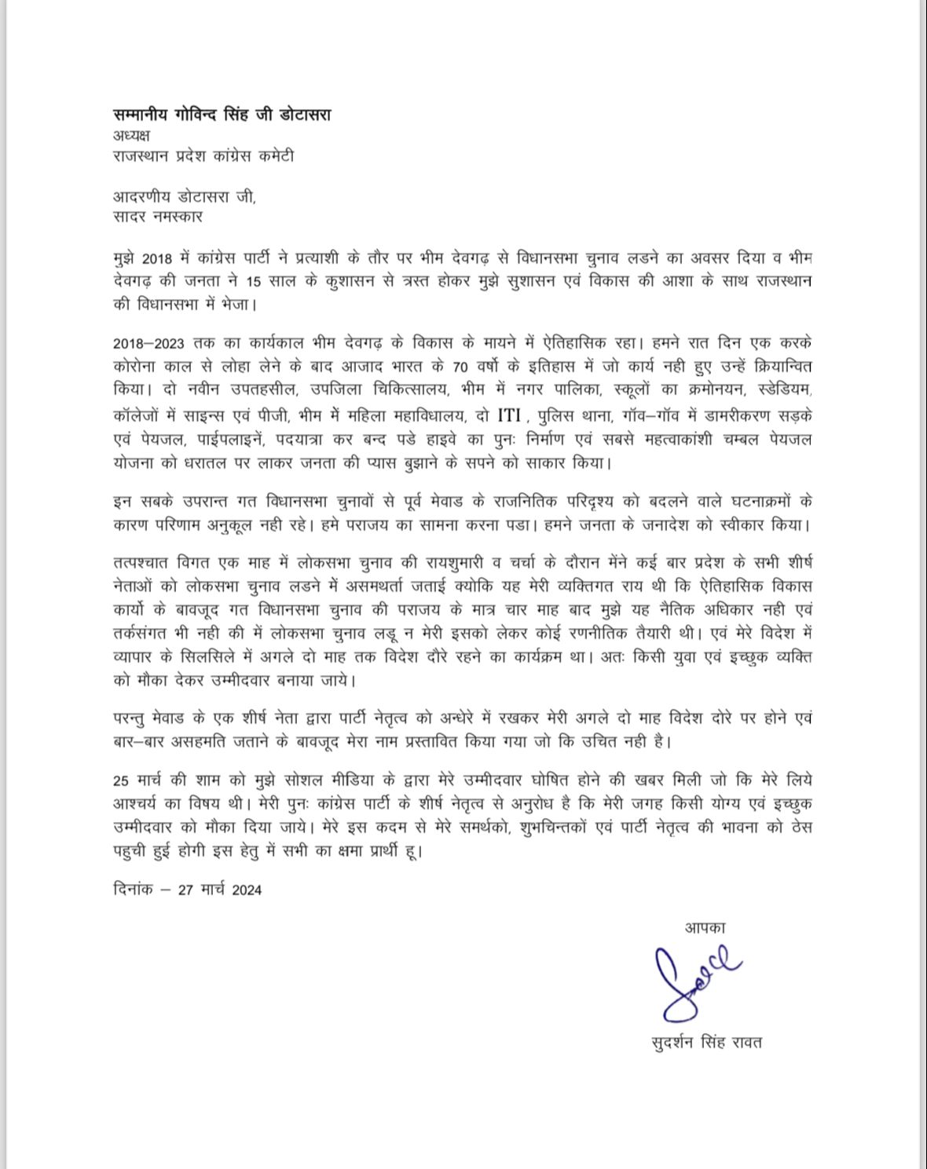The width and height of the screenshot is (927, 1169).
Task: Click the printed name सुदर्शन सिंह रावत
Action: click(706, 1043)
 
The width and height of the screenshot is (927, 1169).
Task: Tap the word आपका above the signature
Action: click(704, 928)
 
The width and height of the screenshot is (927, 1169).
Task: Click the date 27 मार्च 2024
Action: click(220, 890)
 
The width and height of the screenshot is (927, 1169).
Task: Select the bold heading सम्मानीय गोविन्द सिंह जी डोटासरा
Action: click(222, 115)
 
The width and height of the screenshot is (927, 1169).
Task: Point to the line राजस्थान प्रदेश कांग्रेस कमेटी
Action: click(203, 155)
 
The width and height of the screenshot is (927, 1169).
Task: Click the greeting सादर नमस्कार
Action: click(158, 216)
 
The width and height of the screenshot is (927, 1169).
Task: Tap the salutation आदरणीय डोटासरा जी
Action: click(184, 196)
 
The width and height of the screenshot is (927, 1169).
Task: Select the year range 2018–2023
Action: click(149, 343)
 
